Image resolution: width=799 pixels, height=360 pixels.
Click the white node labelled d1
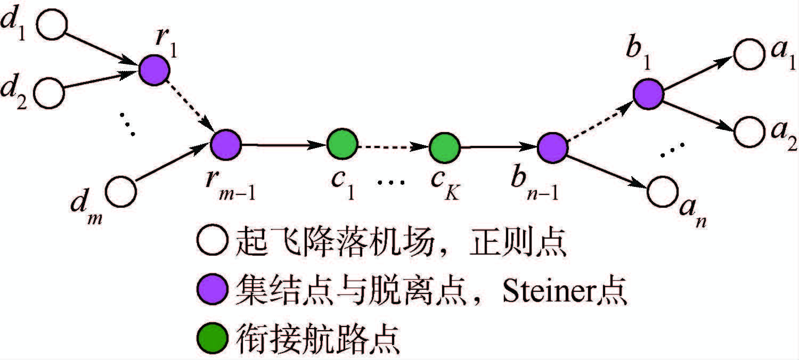[x=52, y=26]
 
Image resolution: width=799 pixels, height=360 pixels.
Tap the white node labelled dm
[x=121, y=192]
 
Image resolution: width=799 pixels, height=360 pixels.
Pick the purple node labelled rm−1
[x=226, y=143]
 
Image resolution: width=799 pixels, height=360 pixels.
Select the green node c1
[x=341, y=144]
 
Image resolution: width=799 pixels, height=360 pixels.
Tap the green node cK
[x=445, y=144]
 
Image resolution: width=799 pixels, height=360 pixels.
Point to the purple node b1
[x=648, y=93]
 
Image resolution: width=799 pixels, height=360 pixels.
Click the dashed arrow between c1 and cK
[x=393, y=144]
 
